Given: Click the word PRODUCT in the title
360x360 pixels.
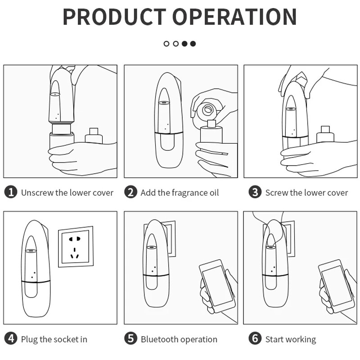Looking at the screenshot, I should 115,17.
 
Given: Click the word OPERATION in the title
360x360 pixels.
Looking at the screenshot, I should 235,17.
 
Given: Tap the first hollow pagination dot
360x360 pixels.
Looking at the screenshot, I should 166,44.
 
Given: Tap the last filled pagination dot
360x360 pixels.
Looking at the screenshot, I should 193,44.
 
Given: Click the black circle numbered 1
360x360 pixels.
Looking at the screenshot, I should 11,193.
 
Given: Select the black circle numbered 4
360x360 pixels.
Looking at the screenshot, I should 11,339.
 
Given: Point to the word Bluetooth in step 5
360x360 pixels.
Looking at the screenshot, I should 157,339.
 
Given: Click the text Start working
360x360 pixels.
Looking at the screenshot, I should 290,339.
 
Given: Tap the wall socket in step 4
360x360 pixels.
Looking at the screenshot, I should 76,247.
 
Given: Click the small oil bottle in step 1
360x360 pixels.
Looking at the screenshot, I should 94,136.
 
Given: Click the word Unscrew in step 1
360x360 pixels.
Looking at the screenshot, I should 37,193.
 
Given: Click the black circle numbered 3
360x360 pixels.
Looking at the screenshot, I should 255,193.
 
